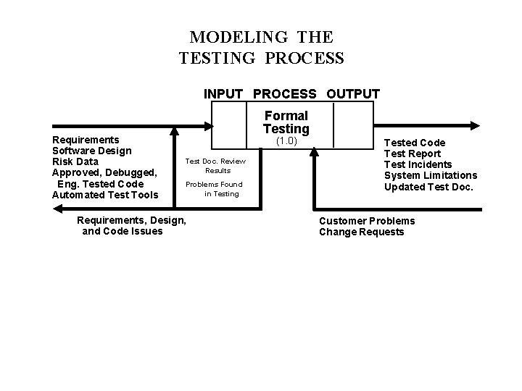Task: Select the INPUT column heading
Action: [x=224, y=94]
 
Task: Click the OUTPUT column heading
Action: [x=353, y=94]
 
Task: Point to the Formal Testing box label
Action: [x=286, y=122]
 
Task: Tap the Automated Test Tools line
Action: [x=105, y=194]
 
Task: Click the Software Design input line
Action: [x=91, y=151]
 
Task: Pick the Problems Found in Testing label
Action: [x=215, y=189]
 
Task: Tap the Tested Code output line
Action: [x=415, y=143]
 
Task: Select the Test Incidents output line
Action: [x=418, y=164]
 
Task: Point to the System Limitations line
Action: [x=430, y=175]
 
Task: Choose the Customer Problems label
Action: [x=367, y=221]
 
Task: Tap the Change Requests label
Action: [x=361, y=232]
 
